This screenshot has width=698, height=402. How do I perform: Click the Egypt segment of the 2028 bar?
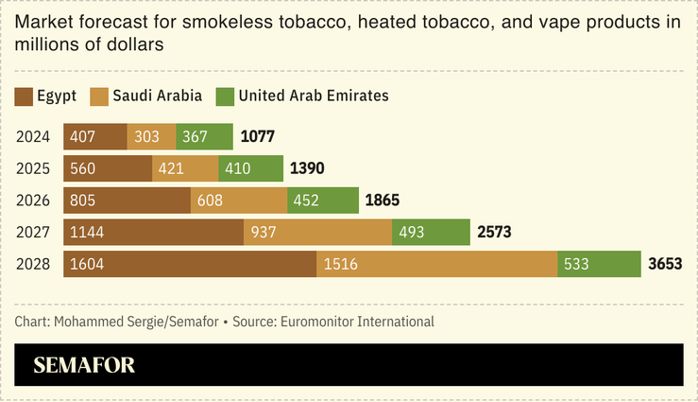tap(189, 265)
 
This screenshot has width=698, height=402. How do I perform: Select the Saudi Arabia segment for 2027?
tap(317, 233)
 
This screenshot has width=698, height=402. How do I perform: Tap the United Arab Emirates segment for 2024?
tap(204, 136)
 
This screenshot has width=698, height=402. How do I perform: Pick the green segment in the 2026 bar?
tap(323, 201)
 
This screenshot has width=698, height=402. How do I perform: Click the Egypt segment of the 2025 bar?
tap(108, 168)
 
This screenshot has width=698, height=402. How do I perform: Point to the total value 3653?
tap(665, 265)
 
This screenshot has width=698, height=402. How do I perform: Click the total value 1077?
tap(258, 136)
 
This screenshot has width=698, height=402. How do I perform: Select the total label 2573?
tap(494, 233)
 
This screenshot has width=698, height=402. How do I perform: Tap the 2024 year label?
tap(32, 136)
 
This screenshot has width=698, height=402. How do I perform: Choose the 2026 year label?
tap(32, 201)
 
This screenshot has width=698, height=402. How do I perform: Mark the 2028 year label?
tap(32, 265)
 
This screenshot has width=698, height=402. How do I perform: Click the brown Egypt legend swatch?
tap(24, 96)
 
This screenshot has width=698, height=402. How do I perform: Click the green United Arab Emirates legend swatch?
tap(225, 96)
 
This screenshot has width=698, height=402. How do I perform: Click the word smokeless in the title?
tap(195, 24)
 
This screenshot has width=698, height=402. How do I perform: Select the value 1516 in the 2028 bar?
tap(340, 265)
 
